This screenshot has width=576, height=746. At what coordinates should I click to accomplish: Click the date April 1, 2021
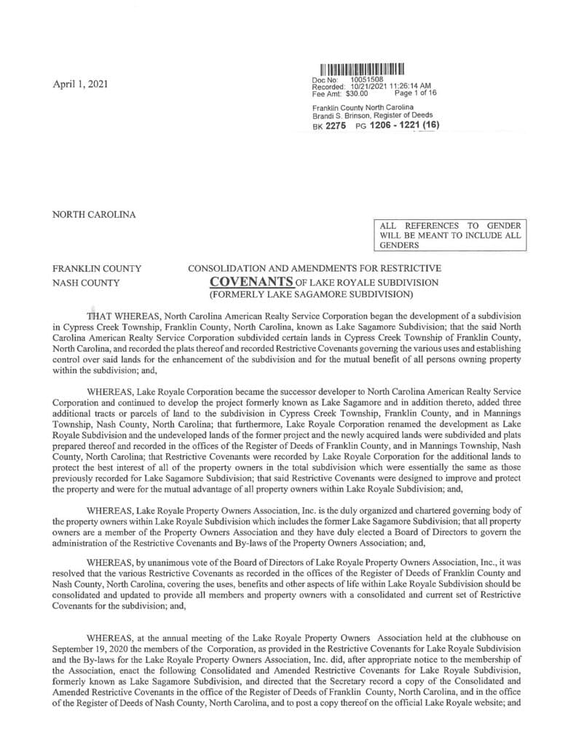click(81, 85)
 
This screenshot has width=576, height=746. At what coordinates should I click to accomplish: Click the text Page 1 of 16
click(415, 93)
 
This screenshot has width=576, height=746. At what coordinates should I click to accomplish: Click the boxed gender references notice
click(450, 236)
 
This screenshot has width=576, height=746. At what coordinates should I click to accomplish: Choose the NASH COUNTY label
click(87, 282)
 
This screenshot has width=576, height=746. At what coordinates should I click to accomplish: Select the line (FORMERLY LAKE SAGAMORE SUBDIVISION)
click(311, 295)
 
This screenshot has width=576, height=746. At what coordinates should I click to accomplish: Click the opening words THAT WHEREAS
click(124, 316)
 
